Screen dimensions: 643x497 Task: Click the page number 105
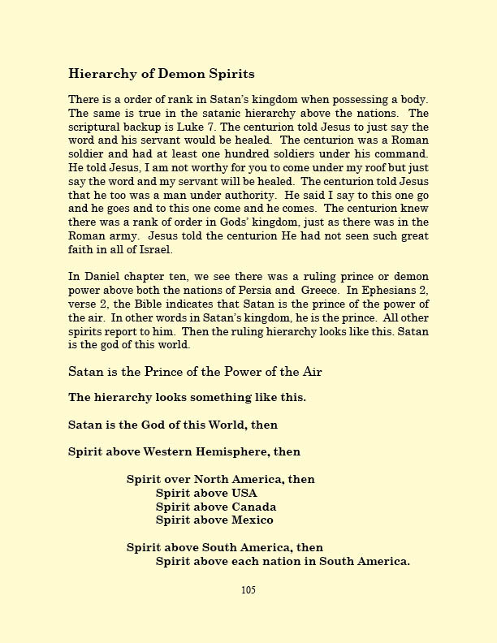tap(248, 590)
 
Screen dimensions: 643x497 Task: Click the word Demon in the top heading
tap(154, 74)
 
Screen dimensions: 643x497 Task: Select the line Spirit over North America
tap(220, 479)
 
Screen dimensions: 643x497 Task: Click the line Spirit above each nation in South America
tap(283, 561)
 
